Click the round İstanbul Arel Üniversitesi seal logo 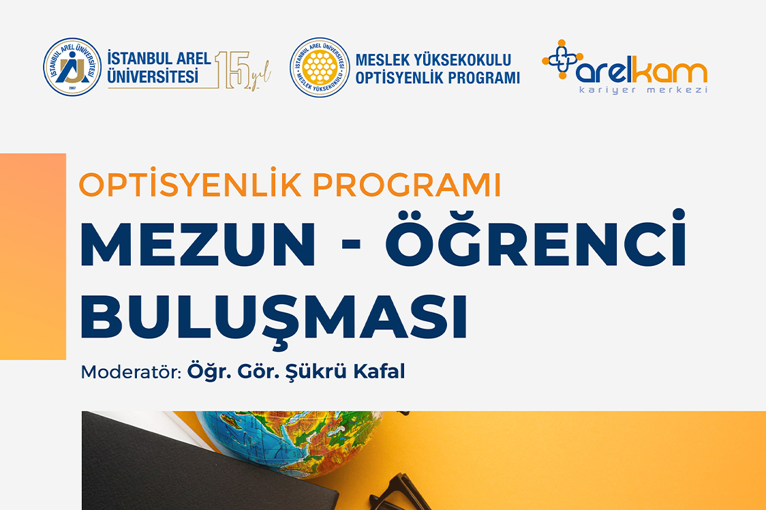tap(72, 67)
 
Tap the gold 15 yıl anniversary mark tap(243, 70)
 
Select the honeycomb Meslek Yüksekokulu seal tap(320, 67)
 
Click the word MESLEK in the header tap(382, 60)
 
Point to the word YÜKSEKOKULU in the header tap(462, 59)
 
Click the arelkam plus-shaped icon tap(562, 59)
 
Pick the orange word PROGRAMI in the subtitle tap(407, 185)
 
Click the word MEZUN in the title tap(198, 245)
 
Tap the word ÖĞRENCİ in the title tap(536, 239)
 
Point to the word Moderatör tap(131, 372)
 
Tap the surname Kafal tap(379, 371)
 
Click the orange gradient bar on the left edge tap(33, 257)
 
